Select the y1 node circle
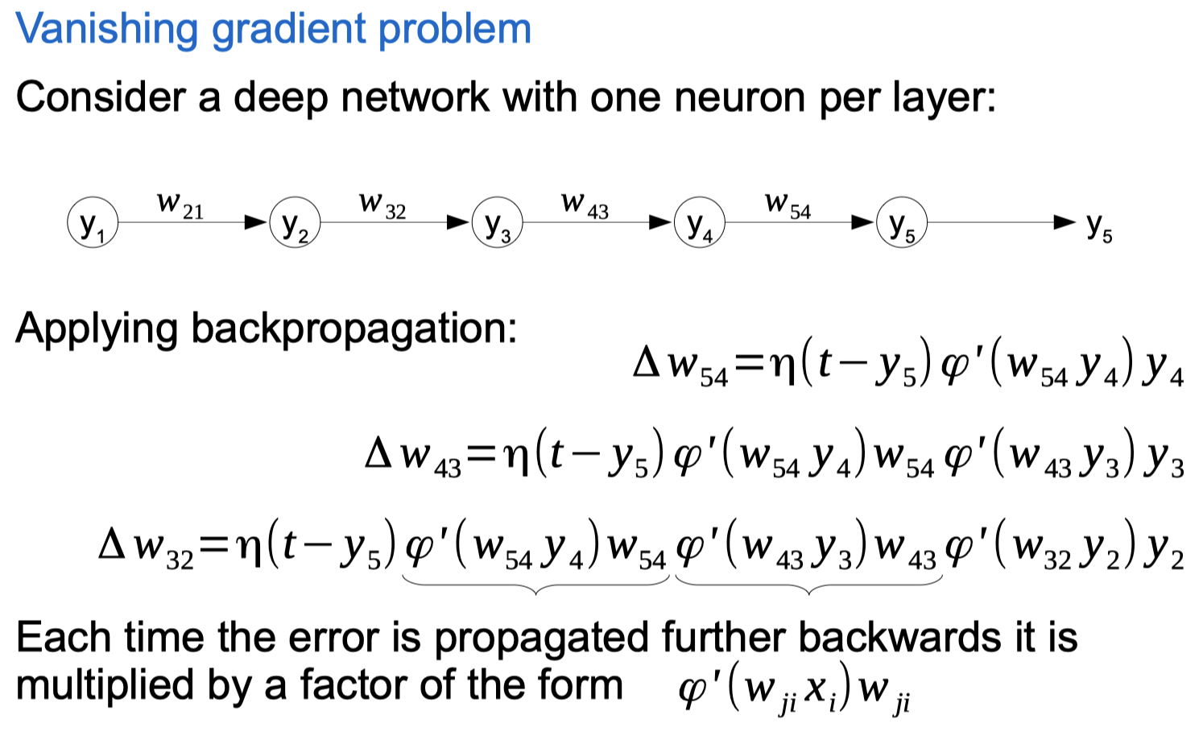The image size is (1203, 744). point(93,223)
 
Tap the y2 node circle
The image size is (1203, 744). point(295,223)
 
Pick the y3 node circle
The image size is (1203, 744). point(497,223)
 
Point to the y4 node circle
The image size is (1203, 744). point(699,223)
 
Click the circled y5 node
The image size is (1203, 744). point(901,223)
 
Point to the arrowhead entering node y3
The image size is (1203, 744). point(459,221)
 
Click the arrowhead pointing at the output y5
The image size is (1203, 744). point(1065,221)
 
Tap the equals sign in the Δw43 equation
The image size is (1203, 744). point(482,457)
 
